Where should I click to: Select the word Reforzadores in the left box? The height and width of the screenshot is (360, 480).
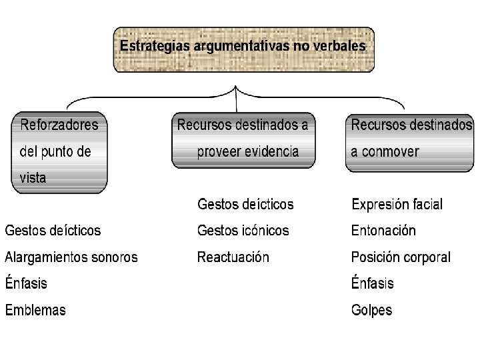pyautogui.click(x=59, y=125)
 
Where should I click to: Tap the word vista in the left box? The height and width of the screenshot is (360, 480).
pyautogui.click(x=33, y=178)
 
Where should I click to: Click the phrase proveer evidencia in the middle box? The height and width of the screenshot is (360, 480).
pyautogui.click(x=247, y=151)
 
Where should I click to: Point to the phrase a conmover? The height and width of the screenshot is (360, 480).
pyautogui.click(x=385, y=151)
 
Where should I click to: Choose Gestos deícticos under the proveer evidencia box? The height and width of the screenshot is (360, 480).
pyautogui.click(x=245, y=203)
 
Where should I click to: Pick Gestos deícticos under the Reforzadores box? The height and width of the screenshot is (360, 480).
pyautogui.click(x=53, y=231)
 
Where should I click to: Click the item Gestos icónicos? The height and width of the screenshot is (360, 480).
pyautogui.click(x=243, y=231)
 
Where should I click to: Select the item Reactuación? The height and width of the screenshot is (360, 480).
pyautogui.click(x=233, y=257)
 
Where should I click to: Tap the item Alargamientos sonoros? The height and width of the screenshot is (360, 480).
pyautogui.click(x=71, y=257)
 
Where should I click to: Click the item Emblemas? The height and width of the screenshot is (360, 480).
pyautogui.click(x=35, y=310)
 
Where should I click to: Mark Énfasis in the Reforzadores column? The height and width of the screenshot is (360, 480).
pyautogui.click(x=27, y=283)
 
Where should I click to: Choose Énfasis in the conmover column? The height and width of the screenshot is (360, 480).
pyautogui.click(x=373, y=283)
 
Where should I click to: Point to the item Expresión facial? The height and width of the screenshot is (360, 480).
pyautogui.click(x=397, y=204)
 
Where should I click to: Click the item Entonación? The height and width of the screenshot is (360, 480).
pyautogui.click(x=383, y=231)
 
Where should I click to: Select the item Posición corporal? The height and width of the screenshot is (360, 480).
pyautogui.click(x=401, y=257)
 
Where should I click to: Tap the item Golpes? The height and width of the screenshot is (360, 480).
pyautogui.click(x=372, y=310)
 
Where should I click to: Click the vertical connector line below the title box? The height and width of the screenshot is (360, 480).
pyautogui.click(x=237, y=100)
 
